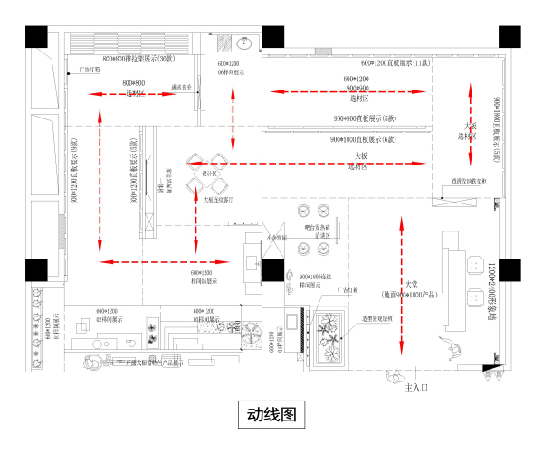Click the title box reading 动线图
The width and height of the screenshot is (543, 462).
tap(270, 415)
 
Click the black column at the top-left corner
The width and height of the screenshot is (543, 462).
tap(36, 37)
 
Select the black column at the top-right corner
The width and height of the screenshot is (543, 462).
tap(509, 37)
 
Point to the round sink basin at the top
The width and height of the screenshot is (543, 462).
tap(243, 42)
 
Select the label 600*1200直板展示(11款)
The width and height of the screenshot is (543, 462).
tap(396, 64)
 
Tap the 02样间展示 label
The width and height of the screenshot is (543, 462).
tap(108, 318)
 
